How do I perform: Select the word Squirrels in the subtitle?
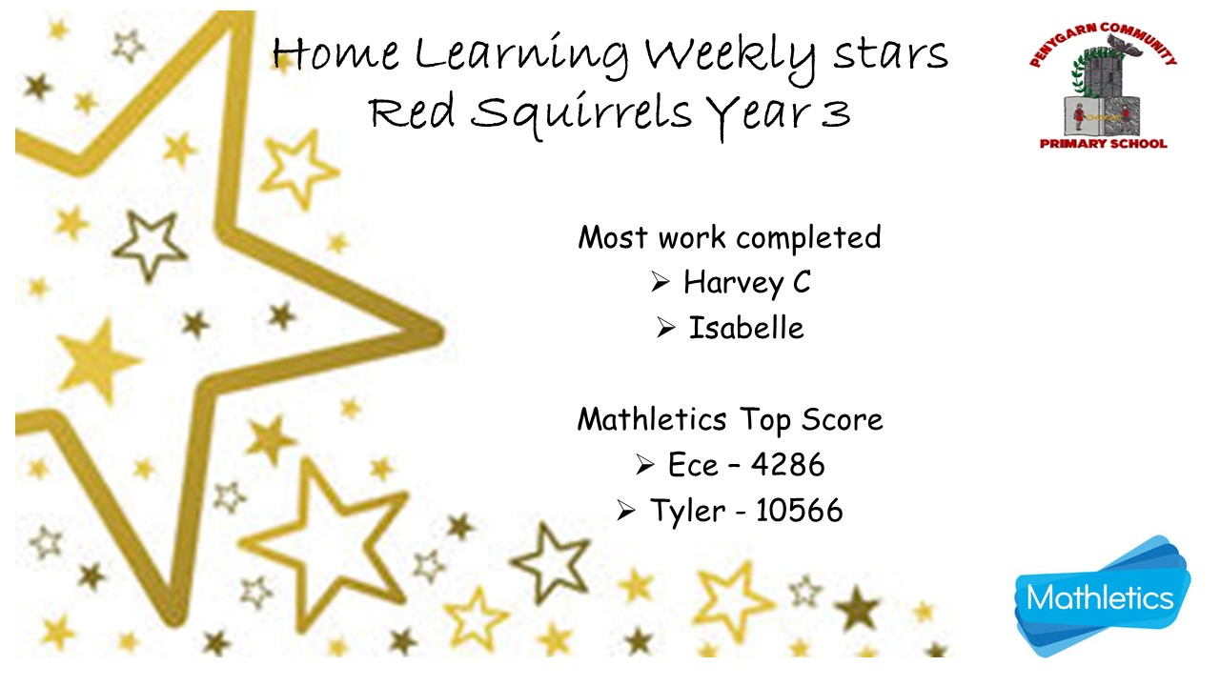click(x=581, y=115)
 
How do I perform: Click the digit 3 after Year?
click(x=836, y=114)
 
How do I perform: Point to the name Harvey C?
click(x=746, y=283)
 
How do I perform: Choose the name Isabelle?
click(x=746, y=329)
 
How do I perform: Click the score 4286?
click(x=787, y=465)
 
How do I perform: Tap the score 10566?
click(x=800, y=511)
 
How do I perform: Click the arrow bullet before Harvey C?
click(x=660, y=282)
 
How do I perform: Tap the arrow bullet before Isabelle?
click(x=665, y=328)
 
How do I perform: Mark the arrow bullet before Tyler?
click(x=626, y=511)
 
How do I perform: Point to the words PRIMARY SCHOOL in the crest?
click(x=1104, y=144)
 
